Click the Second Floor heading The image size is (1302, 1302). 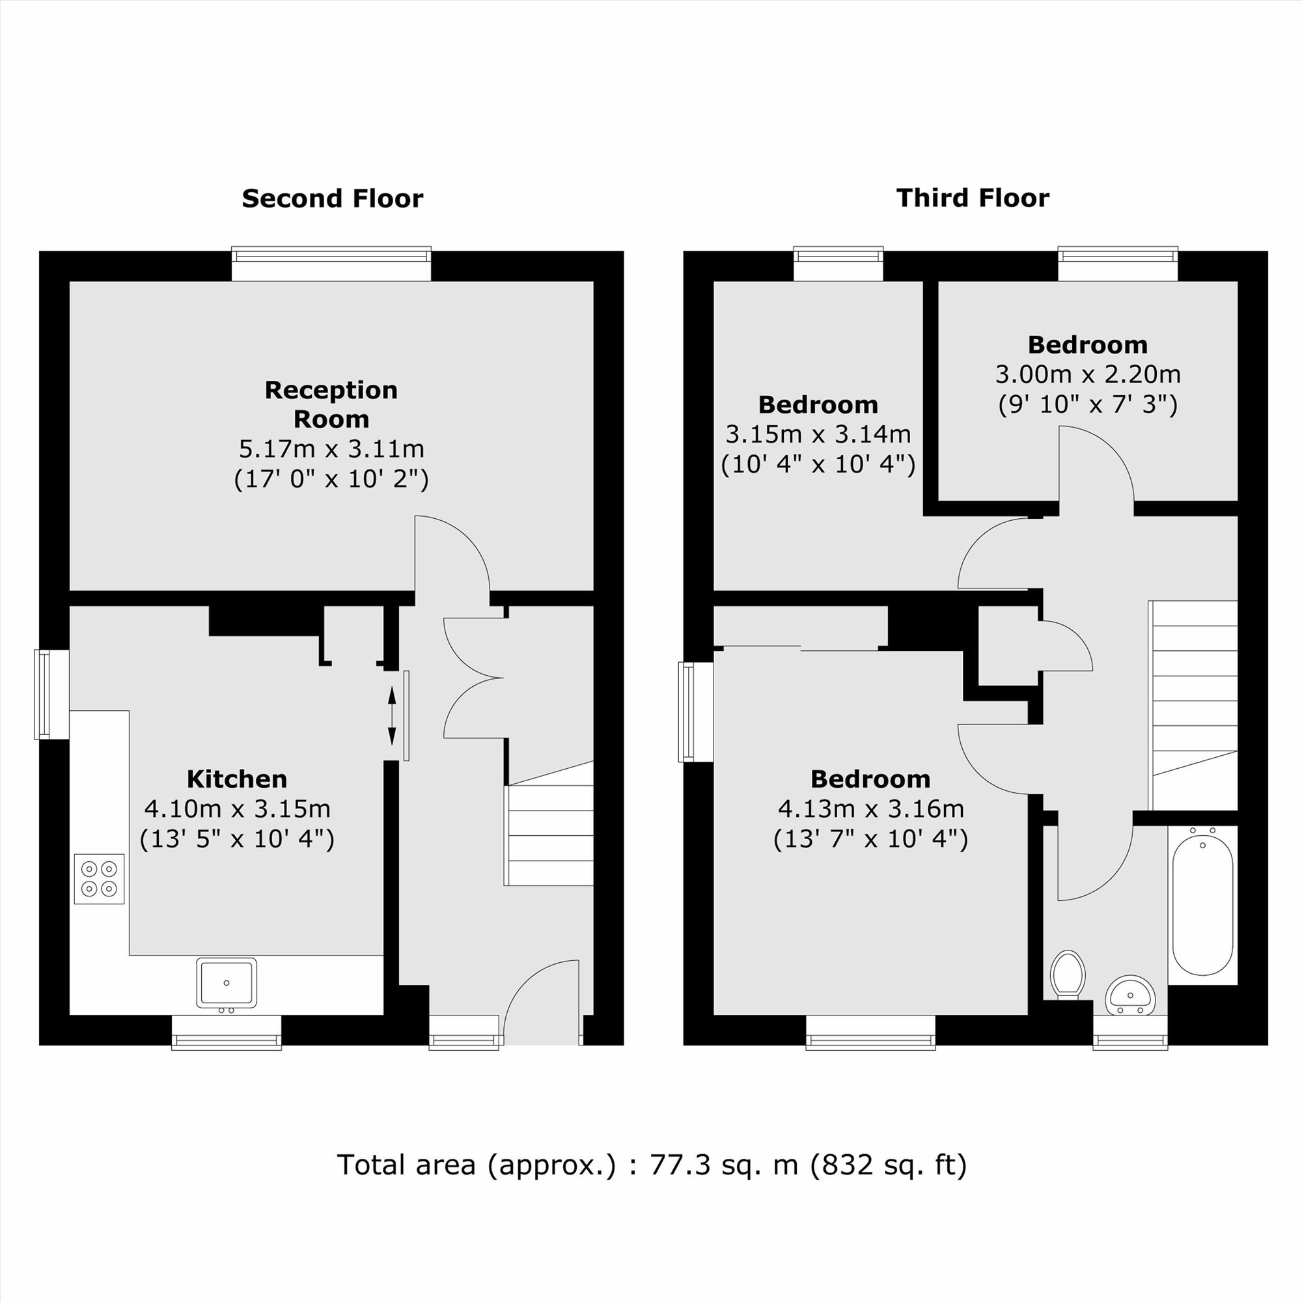point(332,199)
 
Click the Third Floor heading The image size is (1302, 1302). point(973,198)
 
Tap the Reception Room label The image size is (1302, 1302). point(331,404)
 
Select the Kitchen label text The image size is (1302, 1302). point(236,779)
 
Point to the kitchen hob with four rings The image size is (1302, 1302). point(99,879)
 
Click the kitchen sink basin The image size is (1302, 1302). point(227,983)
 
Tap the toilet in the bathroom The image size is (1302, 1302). point(1068,975)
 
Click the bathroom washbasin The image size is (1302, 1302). point(1130,995)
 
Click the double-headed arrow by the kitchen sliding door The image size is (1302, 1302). point(392,715)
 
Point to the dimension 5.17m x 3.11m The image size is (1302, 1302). point(331,449)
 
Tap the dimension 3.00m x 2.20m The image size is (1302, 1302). point(1088,374)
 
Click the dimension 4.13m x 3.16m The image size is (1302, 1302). point(870,809)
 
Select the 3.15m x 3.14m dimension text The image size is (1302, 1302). point(818,434)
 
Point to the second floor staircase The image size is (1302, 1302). point(549,823)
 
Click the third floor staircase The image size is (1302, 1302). point(1193,705)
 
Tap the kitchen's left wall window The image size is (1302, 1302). point(52,694)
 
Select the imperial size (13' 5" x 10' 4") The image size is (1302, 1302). point(236,839)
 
